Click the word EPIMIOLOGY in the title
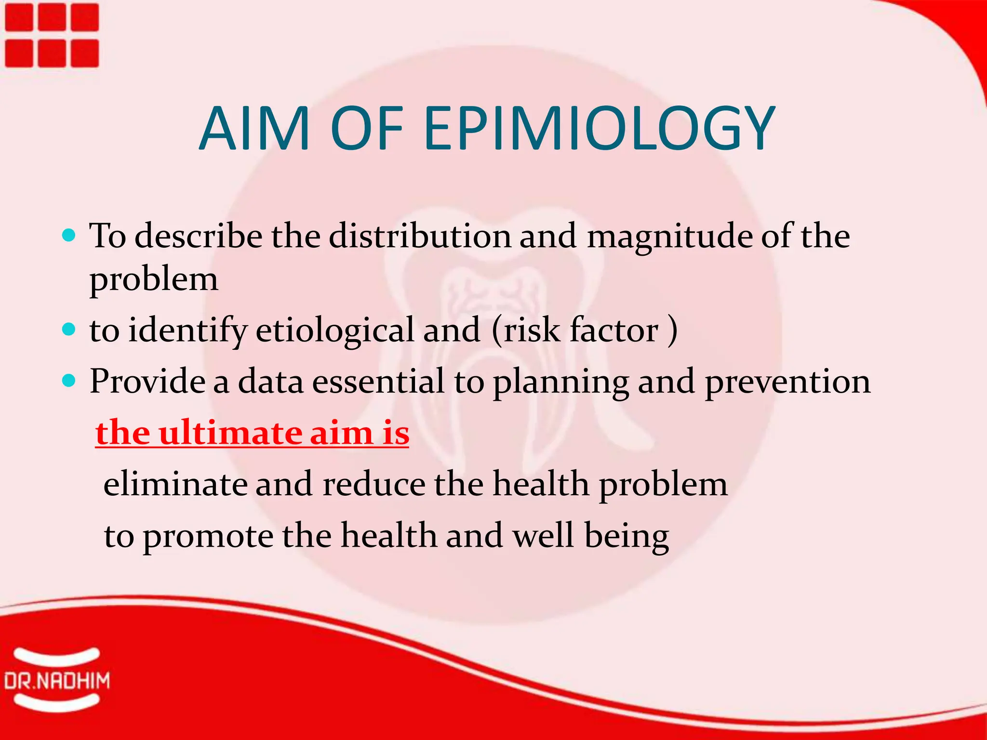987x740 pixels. [600, 129]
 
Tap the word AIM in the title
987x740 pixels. [254, 129]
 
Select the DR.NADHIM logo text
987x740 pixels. [57, 681]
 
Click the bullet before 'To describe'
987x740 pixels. [69, 235]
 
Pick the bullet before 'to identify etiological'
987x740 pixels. [69, 330]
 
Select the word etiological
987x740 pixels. [334, 331]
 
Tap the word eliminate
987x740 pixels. [175, 484]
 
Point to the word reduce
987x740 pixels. [374, 484]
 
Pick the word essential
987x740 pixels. [378, 382]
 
